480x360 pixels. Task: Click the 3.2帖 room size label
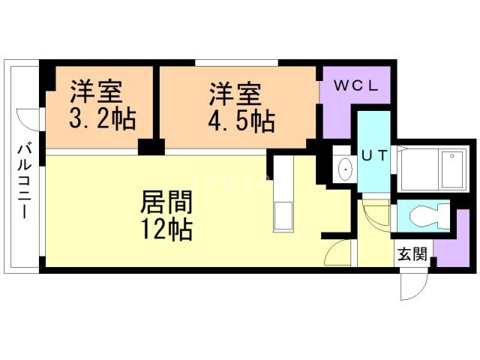coord(97,120)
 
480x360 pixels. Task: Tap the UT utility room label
coord(374,155)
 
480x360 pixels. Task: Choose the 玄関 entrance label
coord(412,253)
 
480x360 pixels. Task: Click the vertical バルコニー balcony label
coord(23,179)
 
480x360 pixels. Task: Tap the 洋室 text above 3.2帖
coord(97,94)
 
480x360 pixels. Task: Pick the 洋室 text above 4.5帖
coord(235,94)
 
